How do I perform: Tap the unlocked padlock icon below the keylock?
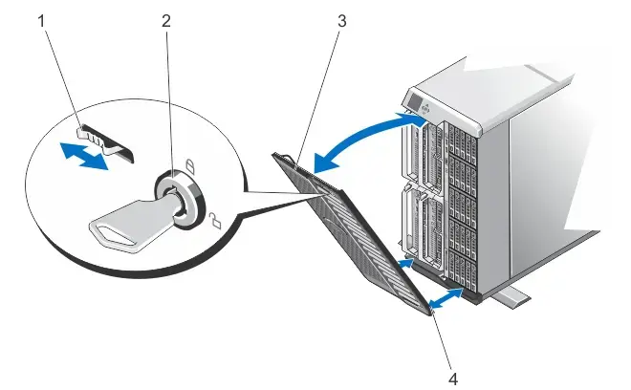214,223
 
